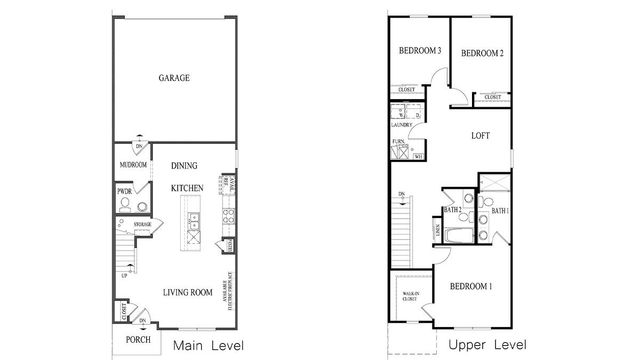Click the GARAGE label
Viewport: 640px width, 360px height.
pos(174,78)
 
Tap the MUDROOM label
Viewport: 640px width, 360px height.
pos(134,165)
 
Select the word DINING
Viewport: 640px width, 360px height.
pos(185,166)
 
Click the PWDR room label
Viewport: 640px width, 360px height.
pos(125,191)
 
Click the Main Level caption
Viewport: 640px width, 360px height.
pos(209,346)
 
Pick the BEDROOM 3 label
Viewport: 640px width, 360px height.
pos(420,52)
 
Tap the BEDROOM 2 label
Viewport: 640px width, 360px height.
pos(481,53)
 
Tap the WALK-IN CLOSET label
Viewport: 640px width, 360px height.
pos(410,296)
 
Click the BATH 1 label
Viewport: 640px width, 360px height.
pos(500,211)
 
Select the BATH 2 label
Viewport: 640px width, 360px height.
pos(451,209)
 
